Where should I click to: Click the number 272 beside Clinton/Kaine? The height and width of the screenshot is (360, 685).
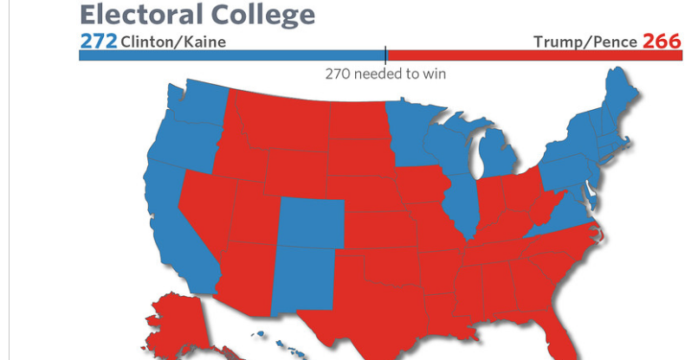[100, 41]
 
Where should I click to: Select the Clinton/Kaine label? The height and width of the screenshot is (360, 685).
[166, 42]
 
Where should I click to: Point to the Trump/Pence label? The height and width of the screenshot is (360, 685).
[585, 42]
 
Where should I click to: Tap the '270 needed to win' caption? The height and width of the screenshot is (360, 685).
[386, 74]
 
